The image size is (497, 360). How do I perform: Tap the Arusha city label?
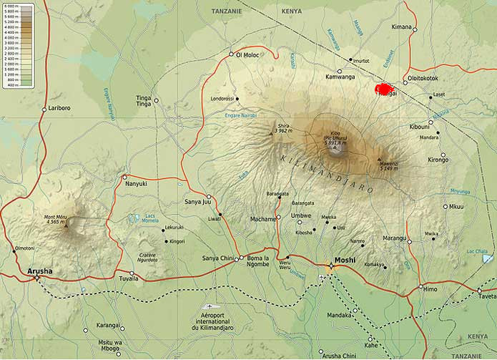(x=39, y=271)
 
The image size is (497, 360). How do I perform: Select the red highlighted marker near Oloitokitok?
(x=385, y=90)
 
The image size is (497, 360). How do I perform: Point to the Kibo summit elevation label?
(x=335, y=139)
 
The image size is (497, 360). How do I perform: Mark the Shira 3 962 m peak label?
(x=283, y=127)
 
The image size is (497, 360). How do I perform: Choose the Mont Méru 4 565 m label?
(x=60, y=220)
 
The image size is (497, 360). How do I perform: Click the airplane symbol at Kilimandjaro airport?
(x=208, y=306)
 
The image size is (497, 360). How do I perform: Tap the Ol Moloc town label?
(x=247, y=54)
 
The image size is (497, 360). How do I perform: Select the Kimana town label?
(x=402, y=27)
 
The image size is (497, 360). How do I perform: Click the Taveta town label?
(x=488, y=296)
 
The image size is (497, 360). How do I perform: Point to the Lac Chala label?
(x=478, y=251)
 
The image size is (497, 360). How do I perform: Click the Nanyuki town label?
(x=136, y=183)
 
